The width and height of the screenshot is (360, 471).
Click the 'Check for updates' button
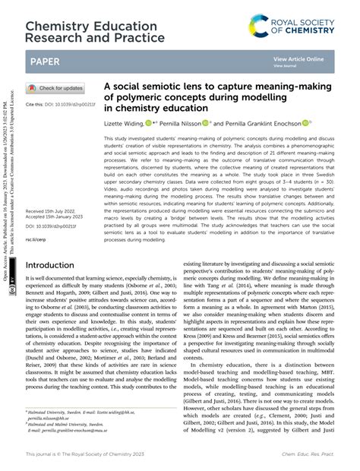55,88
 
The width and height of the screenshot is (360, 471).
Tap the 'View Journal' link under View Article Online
286,65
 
